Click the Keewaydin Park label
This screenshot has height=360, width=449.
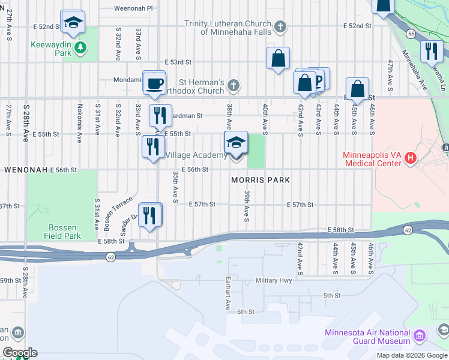(52, 46)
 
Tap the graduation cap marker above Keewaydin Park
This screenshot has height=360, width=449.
(73, 22)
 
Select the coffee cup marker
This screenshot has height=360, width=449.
(155, 83)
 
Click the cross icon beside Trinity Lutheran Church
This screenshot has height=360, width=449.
(279, 26)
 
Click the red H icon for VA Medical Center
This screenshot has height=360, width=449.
(411, 158)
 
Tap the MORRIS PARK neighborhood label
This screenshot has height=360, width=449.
(261, 180)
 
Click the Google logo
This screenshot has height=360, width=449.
(19, 353)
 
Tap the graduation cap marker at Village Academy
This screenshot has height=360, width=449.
(236, 143)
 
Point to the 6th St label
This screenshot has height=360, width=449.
(246, 311)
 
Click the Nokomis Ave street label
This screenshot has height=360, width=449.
(79, 122)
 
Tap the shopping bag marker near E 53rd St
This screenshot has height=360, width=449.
(278, 59)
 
